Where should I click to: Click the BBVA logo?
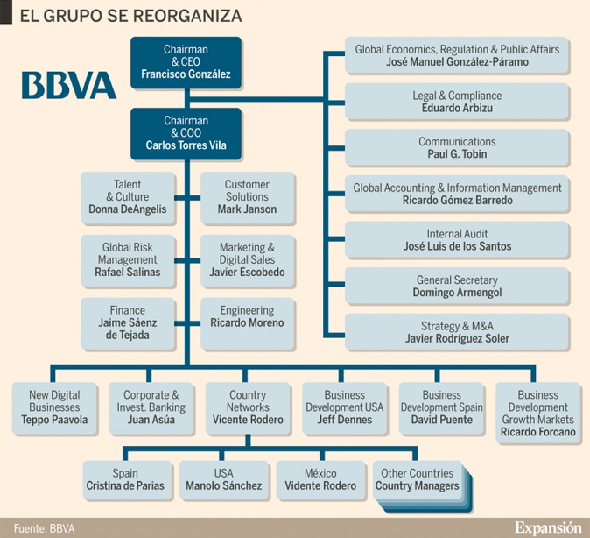tap(69, 85)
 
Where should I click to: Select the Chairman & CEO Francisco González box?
tap(186, 62)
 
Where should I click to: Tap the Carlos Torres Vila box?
tap(186, 134)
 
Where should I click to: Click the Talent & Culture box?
tap(128, 198)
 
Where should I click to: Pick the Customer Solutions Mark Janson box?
tap(247, 198)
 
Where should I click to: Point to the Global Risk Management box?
tap(128, 261)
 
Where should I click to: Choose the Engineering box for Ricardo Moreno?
tap(247, 323)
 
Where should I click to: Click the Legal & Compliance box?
tap(457, 102)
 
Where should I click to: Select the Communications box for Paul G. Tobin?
tap(457, 147)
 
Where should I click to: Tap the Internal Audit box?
tap(457, 239)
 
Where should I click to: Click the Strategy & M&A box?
tap(457, 332)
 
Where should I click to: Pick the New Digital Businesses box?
tap(54, 408)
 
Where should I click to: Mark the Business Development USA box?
tap(345, 408)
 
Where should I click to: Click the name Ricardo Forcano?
tap(538, 432)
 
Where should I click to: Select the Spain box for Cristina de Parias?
tap(125, 480)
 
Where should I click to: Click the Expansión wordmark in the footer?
tap(548, 527)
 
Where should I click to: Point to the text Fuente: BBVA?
tap(44, 528)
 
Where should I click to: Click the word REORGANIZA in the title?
tap(187, 16)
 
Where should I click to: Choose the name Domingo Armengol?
tap(457, 293)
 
